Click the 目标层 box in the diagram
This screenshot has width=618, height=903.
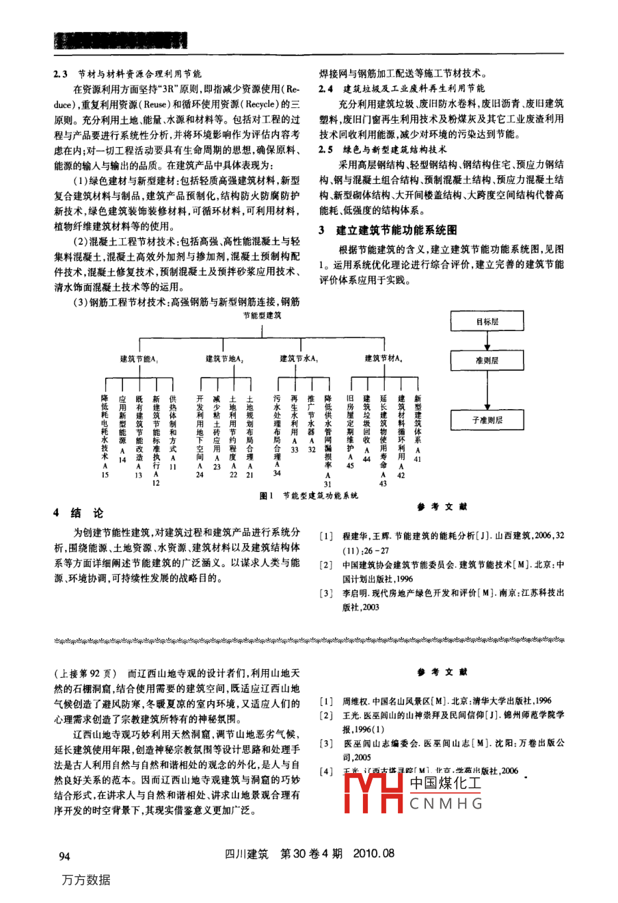click(487, 321)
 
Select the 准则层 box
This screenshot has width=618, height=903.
click(487, 360)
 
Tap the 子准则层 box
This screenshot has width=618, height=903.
click(487, 420)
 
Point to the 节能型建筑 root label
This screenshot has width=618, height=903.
click(263, 315)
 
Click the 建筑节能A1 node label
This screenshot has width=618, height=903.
click(139, 358)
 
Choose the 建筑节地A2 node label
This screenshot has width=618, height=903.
click(225, 358)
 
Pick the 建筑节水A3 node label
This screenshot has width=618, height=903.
click(299, 358)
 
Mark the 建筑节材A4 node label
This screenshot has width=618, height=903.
click(383, 358)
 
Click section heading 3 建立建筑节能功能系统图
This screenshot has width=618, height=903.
click(388, 231)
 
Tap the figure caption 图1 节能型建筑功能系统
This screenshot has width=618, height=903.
click(309, 496)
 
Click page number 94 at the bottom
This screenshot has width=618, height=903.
click(65, 855)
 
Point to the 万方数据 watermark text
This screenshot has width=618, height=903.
click(86, 880)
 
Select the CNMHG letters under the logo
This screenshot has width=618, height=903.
click(446, 804)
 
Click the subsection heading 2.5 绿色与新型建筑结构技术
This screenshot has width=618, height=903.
click(383, 148)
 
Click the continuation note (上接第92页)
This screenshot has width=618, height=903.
click(85, 672)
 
